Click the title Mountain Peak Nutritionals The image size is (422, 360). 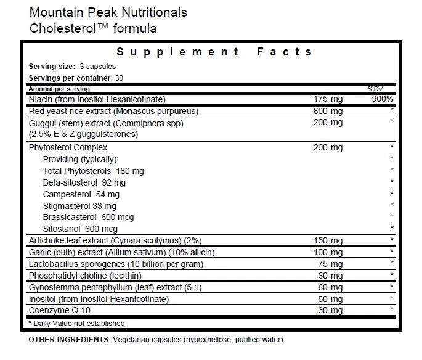(108, 12)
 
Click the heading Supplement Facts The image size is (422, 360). (214, 52)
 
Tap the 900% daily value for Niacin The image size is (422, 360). (381, 99)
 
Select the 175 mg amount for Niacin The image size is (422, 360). (328, 99)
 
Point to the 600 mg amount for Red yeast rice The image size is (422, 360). (328, 111)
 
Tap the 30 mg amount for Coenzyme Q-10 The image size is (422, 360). (330, 310)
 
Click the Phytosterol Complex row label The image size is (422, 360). (68, 147)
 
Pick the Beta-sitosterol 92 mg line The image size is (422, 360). (84, 182)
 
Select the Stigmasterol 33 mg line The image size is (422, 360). (79, 206)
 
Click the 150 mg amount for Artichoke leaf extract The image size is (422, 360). (328, 240)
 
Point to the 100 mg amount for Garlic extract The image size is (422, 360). (328, 252)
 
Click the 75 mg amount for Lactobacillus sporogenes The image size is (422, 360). (330, 264)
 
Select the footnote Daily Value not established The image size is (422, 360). (78, 323)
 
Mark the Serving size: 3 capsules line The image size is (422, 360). (72, 67)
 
